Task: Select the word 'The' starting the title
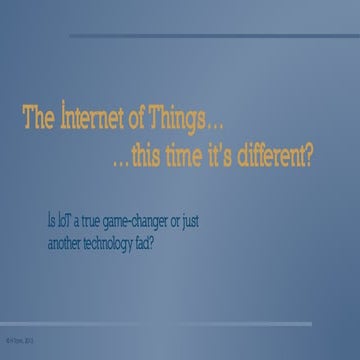tap(37, 123)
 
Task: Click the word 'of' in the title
tap(139, 123)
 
